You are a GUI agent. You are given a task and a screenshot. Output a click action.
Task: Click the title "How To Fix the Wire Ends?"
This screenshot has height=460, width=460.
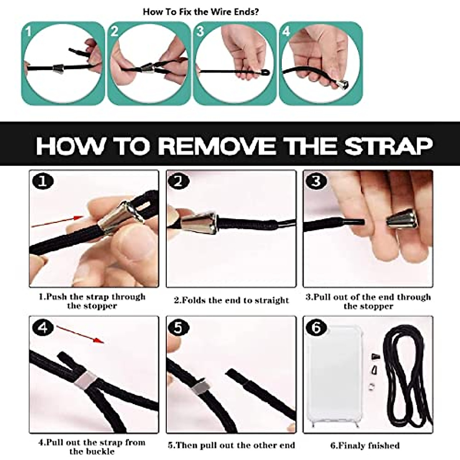coord(200,12)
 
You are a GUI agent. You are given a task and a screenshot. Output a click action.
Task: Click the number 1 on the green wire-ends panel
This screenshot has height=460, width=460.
coord(29,31)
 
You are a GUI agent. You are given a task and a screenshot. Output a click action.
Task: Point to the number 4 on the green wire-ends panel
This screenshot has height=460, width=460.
coord(286,31)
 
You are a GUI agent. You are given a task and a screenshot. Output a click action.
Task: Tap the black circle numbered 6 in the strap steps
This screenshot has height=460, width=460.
coord(316,327)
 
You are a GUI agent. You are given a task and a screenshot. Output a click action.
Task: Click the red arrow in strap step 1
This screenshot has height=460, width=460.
coord(57,222)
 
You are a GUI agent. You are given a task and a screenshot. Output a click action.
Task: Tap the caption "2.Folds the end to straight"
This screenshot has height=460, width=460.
coord(231,300)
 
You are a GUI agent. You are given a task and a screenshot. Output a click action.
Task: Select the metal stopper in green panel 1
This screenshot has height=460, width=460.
coord(58,69)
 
